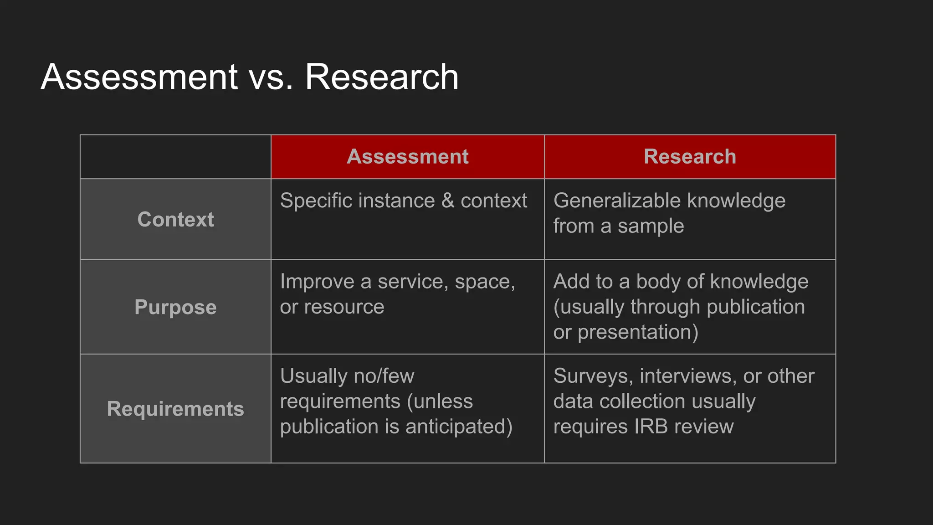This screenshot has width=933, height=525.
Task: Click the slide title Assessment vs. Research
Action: pos(250,77)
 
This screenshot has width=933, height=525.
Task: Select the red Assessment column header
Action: pos(408,157)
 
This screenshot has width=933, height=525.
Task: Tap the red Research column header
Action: pos(690,157)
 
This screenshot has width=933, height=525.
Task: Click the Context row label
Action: pos(175,220)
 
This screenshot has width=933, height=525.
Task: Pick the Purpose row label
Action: pos(175,307)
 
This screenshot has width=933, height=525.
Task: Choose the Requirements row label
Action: pos(175,409)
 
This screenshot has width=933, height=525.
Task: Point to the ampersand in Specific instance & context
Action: pos(448,201)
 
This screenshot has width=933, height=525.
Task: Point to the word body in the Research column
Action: pos(658,282)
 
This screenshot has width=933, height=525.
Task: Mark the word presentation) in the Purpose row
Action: pos(638,332)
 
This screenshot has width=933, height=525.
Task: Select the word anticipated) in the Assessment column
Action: pos(459,427)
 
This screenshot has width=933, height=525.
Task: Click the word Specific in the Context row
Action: pos(312,201)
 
